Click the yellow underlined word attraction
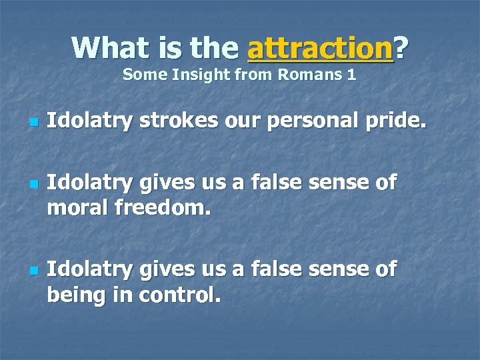pos(319,48)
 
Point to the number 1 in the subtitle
pos(351,75)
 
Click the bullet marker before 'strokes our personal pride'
pos(33,123)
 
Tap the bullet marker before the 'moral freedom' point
pos(33,182)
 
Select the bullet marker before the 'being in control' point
pos(33,270)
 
